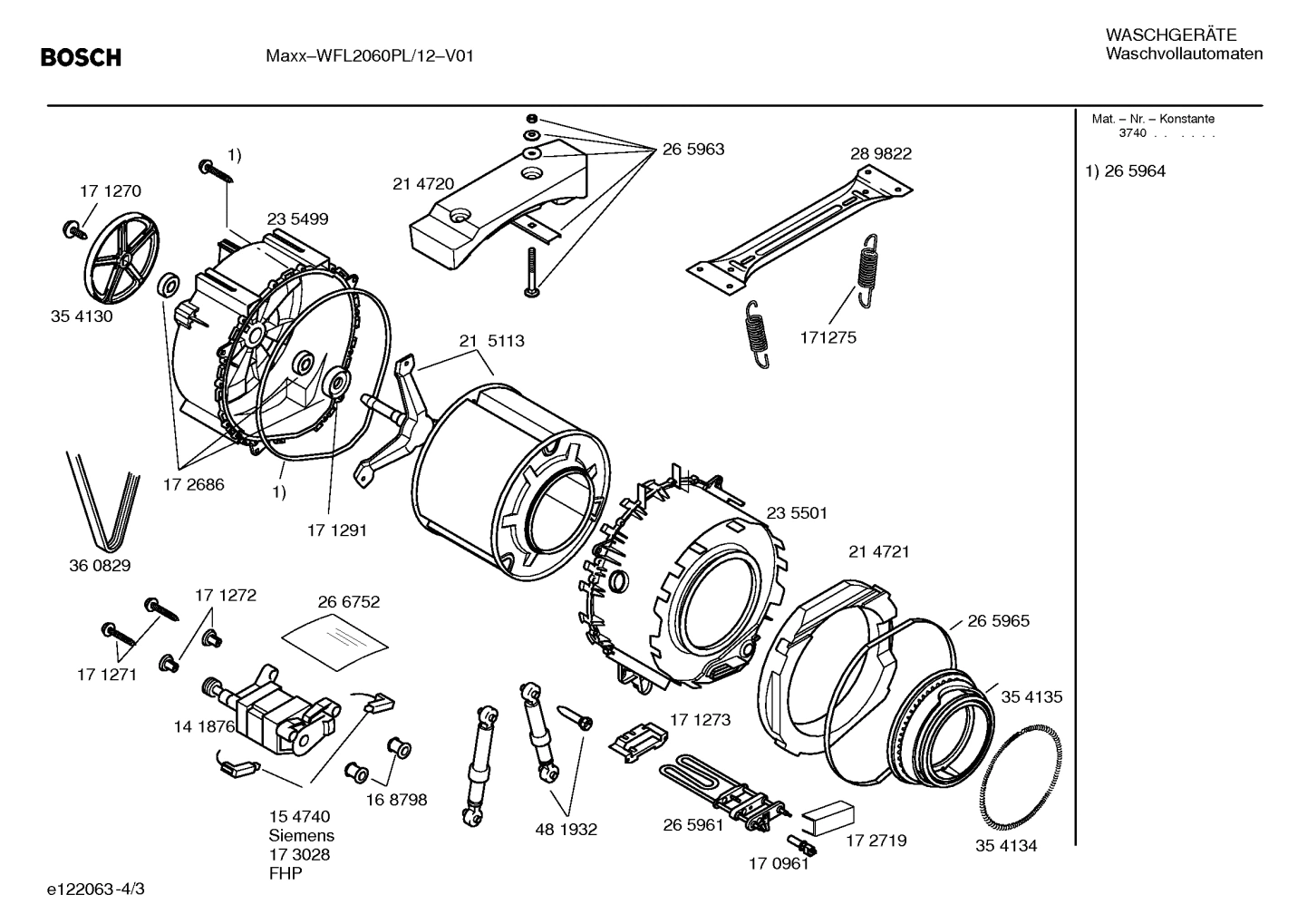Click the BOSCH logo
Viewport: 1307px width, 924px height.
click(x=81, y=57)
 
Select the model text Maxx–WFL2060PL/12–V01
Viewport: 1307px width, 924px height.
click(x=370, y=56)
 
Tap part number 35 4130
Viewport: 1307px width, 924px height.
click(x=82, y=317)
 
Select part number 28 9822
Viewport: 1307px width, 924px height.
click(x=880, y=154)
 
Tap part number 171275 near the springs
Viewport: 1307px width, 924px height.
click(x=827, y=337)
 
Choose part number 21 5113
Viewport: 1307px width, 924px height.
click(x=491, y=342)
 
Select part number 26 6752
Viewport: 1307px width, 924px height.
click(x=348, y=602)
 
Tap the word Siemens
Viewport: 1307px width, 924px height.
click(x=301, y=835)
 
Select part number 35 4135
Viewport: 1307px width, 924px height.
click(x=1031, y=697)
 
